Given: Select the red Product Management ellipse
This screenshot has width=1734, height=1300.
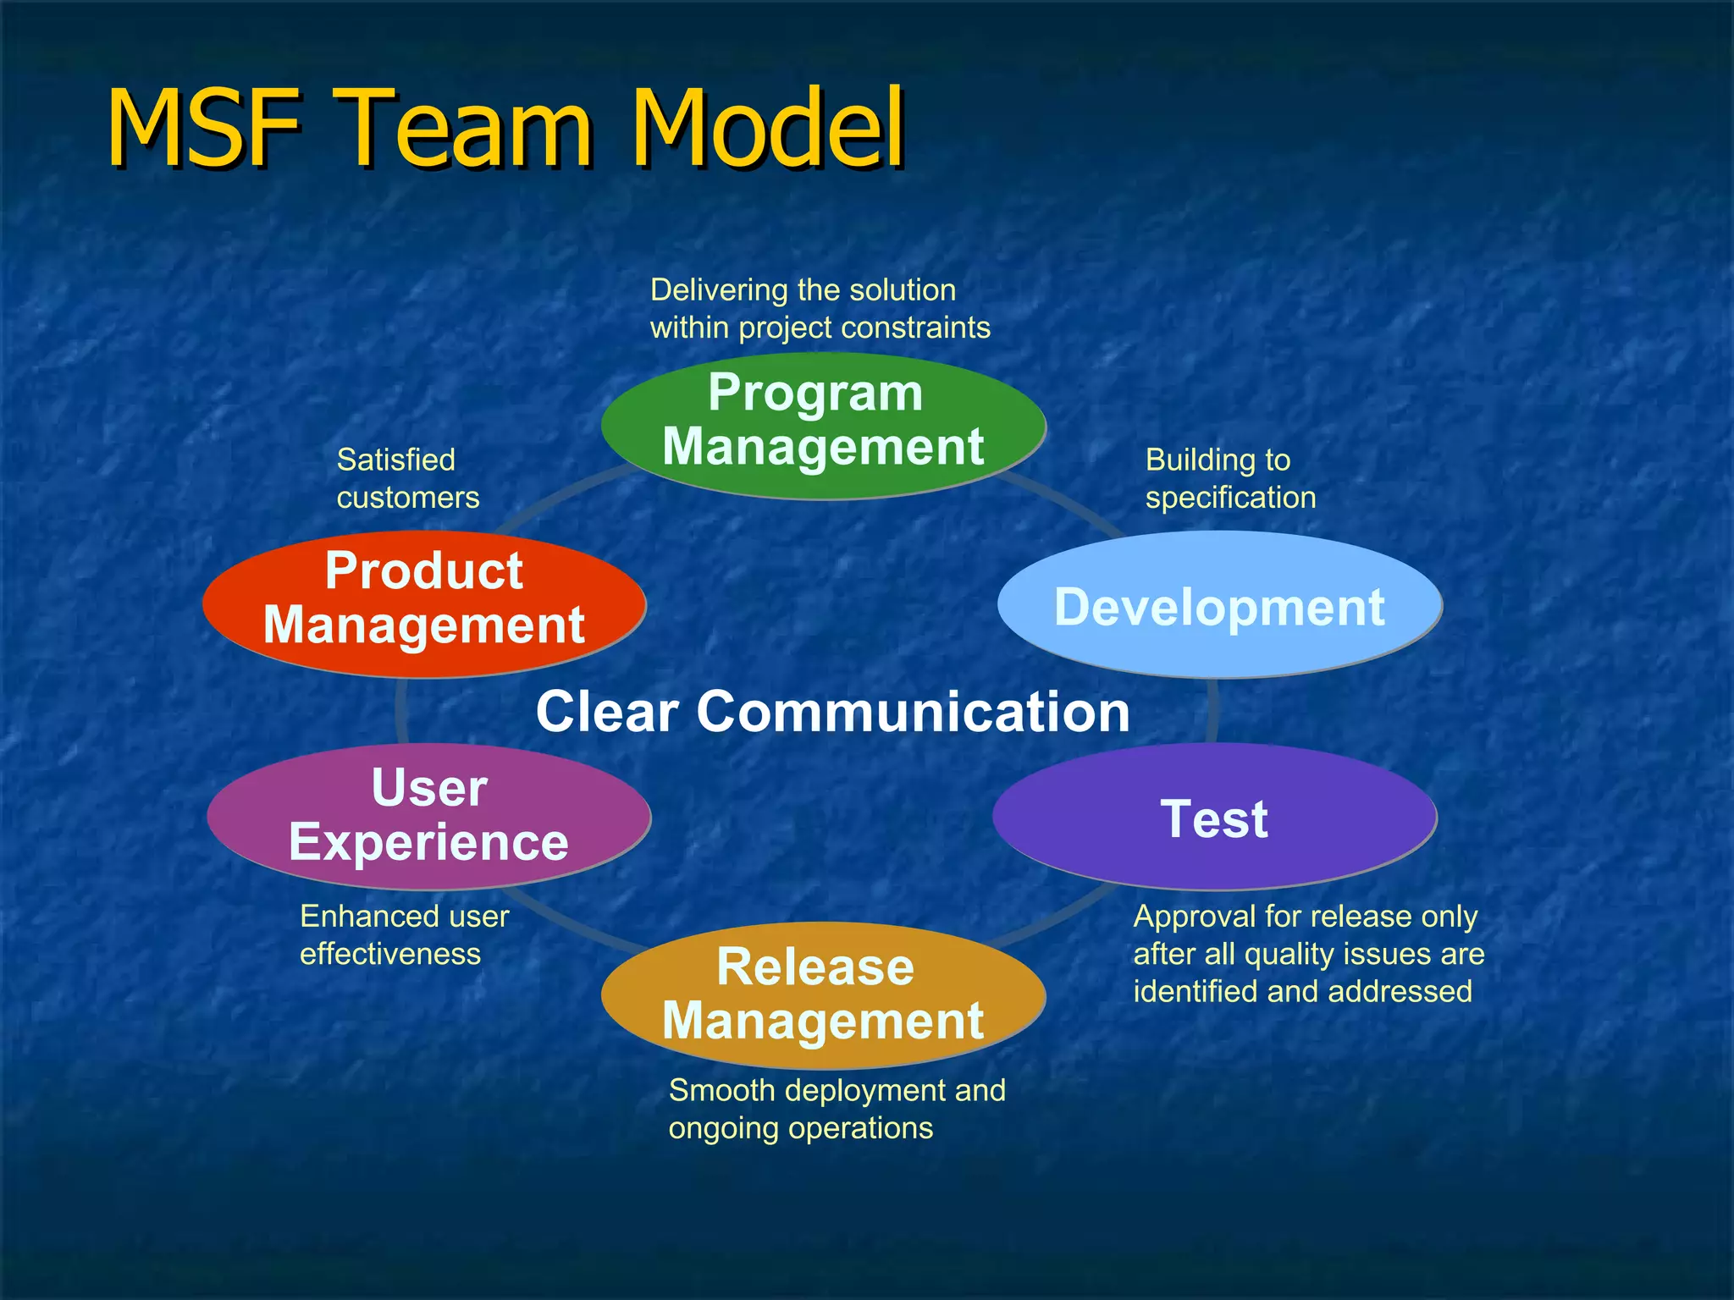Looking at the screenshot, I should [423, 603].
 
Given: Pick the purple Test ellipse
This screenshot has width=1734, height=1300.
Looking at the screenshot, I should [1214, 818].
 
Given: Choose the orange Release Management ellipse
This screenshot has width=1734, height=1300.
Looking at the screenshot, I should [823, 995].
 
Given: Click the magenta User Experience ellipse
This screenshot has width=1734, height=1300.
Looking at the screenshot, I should [428, 816].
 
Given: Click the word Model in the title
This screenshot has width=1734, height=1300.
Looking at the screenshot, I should [768, 129].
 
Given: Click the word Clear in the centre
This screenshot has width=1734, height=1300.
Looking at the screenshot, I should [607, 711].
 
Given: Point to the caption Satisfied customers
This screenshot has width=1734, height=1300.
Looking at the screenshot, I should [407, 479].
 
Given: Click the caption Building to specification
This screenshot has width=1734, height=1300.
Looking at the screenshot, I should [1229, 479].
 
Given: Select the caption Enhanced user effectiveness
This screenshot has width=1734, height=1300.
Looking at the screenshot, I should [404, 935].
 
